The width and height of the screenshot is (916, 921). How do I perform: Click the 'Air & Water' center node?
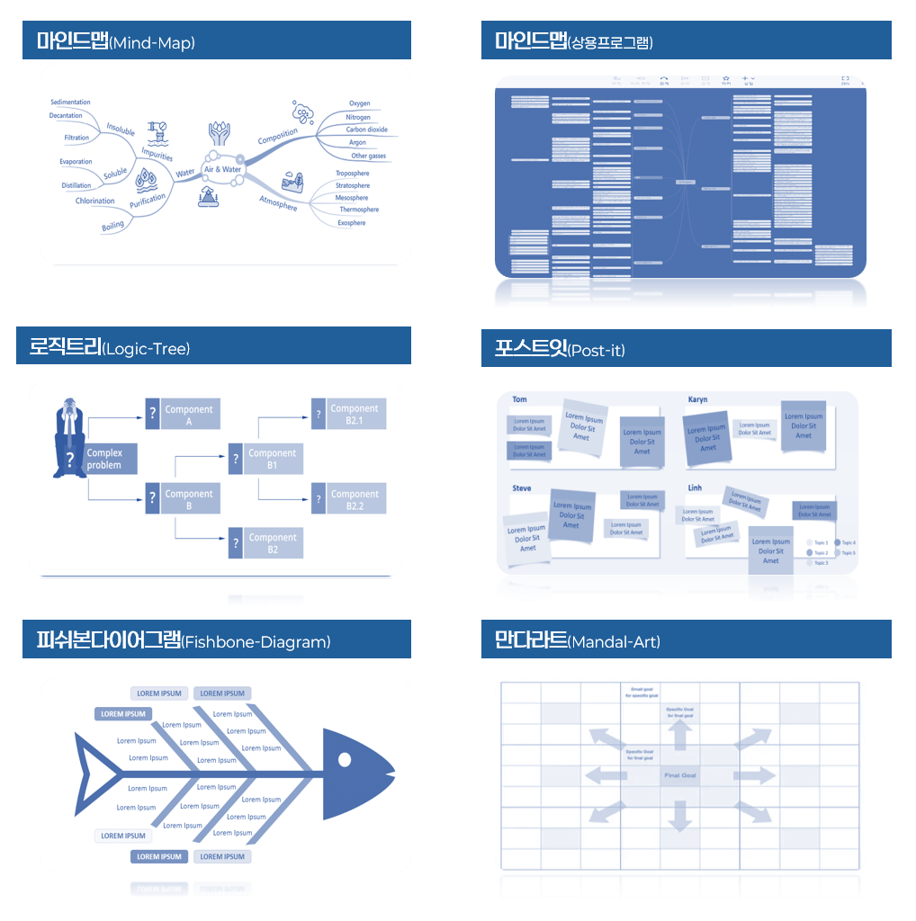[222, 169]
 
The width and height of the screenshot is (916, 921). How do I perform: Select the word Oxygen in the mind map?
[360, 103]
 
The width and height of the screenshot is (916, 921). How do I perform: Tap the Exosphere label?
[352, 222]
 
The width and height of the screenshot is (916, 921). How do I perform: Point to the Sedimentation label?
[70, 103]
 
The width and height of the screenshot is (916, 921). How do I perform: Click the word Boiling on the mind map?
[113, 226]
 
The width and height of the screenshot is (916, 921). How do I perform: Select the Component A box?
[189, 415]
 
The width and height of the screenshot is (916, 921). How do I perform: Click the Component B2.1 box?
[355, 414]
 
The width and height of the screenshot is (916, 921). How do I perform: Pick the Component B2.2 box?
[355, 500]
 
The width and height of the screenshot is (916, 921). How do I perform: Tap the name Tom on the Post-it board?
[519, 399]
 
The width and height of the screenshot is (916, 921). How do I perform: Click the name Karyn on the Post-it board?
[698, 399]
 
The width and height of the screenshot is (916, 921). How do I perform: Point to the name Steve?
[522, 488]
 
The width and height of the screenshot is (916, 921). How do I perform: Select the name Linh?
[695, 487]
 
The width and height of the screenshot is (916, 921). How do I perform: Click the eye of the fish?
[344, 760]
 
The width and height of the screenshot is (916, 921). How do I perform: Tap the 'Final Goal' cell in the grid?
[680, 775]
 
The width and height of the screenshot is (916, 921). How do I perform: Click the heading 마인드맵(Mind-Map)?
[116, 41]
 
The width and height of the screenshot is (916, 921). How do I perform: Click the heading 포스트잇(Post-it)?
[560, 349]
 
